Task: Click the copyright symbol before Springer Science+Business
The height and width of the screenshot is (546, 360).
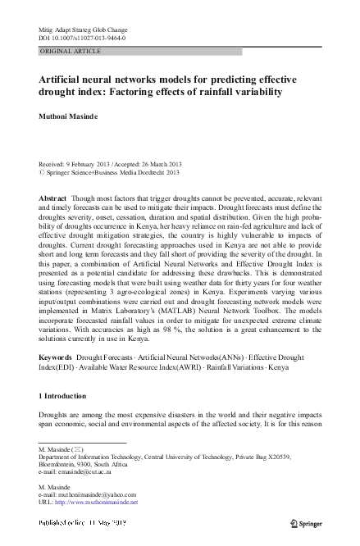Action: pyautogui.click(x=43, y=174)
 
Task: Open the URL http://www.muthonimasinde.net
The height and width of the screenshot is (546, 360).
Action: pyautogui.click(x=95, y=502)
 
